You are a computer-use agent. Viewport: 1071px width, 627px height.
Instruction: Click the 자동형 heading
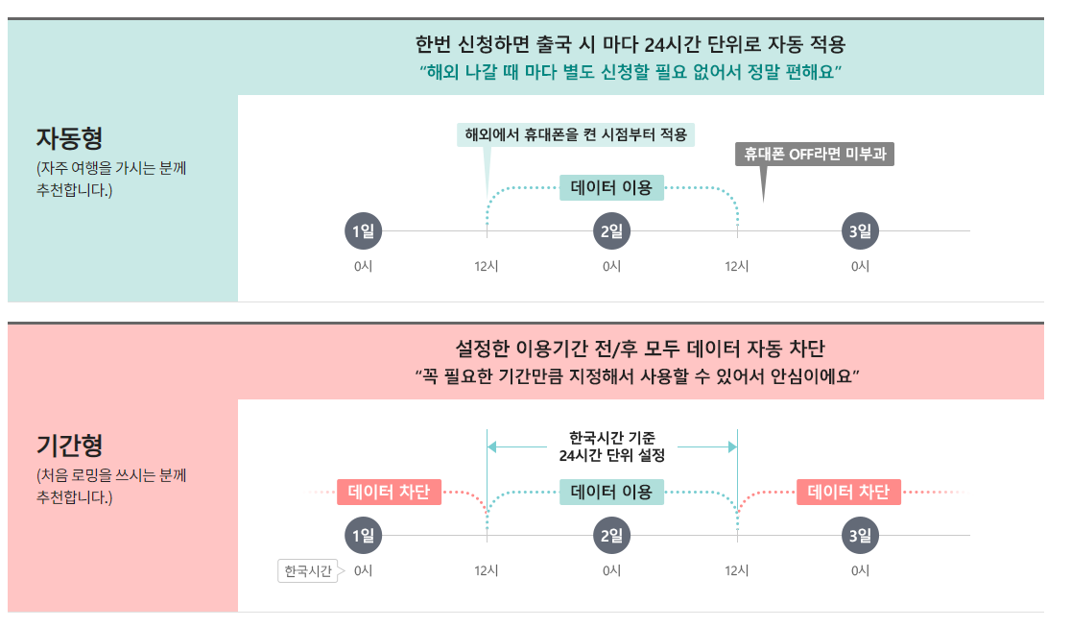(x=69, y=138)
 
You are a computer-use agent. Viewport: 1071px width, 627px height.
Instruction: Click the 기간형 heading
(x=69, y=445)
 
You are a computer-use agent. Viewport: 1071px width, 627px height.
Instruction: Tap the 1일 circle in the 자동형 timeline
(x=363, y=231)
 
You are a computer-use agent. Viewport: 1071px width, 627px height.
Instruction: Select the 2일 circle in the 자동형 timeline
(x=611, y=231)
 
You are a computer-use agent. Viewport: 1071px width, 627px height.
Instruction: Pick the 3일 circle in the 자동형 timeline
(x=860, y=231)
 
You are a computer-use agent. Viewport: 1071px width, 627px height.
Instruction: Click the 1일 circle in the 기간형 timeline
(x=363, y=536)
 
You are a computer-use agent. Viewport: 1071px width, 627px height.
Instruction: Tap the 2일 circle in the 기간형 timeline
(x=611, y=536)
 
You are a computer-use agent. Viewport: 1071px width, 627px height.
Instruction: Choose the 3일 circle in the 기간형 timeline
(x=860, y=536)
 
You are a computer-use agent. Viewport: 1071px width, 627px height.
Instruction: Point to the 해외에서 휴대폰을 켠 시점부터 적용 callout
(x=576, y=133)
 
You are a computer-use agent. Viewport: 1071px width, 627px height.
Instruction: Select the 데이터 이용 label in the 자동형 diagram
(x=611, y=188)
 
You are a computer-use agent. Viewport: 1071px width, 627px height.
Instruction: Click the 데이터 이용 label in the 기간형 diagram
(x=611, y=493)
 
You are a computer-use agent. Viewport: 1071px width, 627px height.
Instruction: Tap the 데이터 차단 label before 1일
(x=389, y=493)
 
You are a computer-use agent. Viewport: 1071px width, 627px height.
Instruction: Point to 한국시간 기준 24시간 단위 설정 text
(x=611, y=446)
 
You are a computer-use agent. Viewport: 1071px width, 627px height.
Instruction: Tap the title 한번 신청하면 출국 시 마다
(x=631, y=45)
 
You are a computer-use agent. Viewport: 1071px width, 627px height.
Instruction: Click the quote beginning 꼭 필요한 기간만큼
(x=635, y=375)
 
